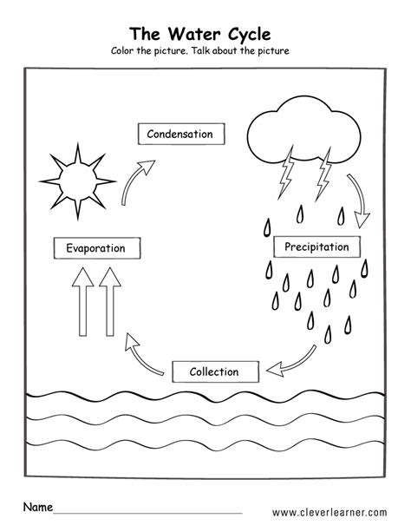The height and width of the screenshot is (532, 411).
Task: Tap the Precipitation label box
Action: click(x=316, y=247)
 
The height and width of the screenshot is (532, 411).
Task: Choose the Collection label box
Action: click(x=214, y=371)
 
